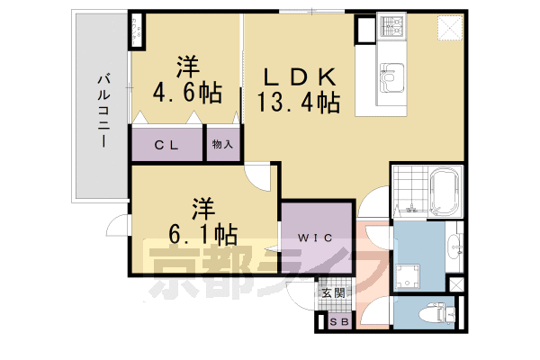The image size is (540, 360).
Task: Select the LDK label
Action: [x=300, y=75]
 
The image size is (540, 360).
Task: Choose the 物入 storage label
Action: [x=222, y=144]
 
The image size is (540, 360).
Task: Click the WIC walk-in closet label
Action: [x=310, y=238]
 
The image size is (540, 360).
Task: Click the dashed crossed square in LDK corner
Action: [x=447, y=29]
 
